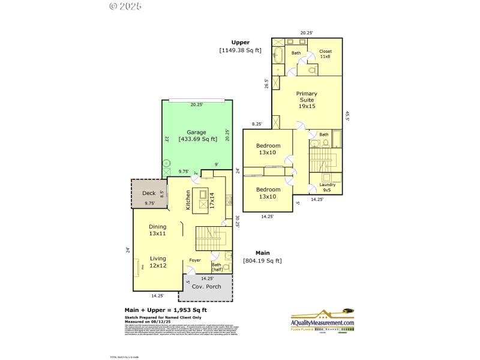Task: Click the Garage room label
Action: point(196,132)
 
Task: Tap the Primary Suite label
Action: point(307,100)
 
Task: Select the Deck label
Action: point(149,193)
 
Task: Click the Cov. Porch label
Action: point(206,286)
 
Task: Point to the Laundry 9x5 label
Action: point(327,187)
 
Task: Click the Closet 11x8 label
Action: point(325,54)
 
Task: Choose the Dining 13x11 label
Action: point(157,230)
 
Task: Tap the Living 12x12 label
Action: point(158,262)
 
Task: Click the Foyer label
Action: point(195,260)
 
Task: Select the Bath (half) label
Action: point(217,267)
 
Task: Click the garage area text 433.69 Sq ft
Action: point(196,139)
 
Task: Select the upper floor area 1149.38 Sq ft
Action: point(240,51)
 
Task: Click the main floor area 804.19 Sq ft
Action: point(262,261)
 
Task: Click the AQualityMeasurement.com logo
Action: point(322,320)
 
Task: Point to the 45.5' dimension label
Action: point(347,115)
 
